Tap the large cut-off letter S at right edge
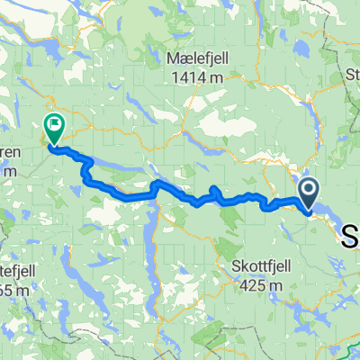(x=350, y=236)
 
